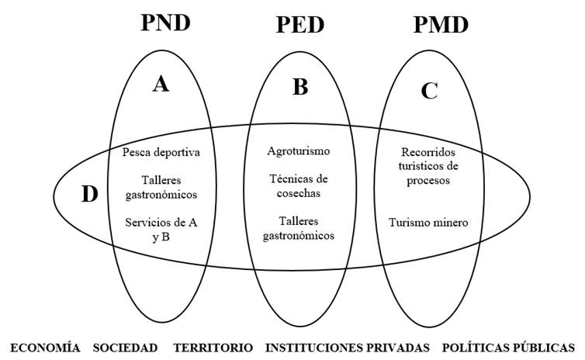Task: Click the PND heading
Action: [165, 22]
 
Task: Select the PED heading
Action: [299, 25]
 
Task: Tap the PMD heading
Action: [441, 25]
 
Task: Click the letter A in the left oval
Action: [160, 85]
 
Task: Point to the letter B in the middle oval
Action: [299, 88]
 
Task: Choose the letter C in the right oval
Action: [429, 92]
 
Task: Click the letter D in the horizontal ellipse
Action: [89, 195]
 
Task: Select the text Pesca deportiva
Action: [161, 152]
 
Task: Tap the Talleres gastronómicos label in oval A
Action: [161, 187]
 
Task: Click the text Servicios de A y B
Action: [161, 229]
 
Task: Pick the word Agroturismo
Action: [299, 151]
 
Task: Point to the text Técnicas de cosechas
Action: [299, 185]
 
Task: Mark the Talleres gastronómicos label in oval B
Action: [299, 227]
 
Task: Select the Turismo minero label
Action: [428, 223]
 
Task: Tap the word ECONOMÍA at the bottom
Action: [45, 347]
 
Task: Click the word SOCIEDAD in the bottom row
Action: [125, 347]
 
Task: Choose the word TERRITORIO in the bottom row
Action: [213, 347]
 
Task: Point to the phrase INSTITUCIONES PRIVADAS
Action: [347, 347]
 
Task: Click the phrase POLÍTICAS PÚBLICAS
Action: [508, 347]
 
